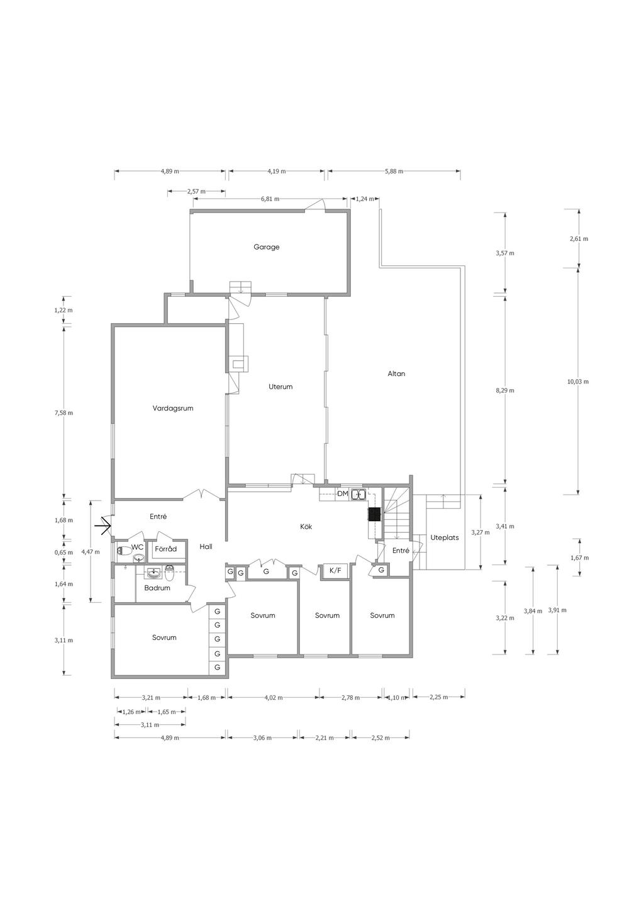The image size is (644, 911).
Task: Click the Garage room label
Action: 267,247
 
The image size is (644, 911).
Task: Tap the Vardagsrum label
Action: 173,408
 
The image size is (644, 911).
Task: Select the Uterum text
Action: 280,387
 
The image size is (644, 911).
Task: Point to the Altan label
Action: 396,373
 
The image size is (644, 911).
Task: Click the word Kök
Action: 306,527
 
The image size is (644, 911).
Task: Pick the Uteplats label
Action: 445,538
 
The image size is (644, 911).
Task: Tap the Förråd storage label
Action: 165,549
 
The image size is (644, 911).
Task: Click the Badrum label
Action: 157,588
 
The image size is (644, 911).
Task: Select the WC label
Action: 138,547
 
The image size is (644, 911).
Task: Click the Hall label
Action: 206,547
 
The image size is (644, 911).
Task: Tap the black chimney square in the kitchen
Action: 374,514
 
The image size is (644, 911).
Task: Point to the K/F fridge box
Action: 336,571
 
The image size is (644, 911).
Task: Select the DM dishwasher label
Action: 343,494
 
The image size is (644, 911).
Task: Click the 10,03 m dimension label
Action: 578,382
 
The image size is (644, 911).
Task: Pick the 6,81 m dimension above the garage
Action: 270,199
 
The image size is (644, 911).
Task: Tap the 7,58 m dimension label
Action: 64,413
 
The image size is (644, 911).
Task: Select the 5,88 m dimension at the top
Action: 394,171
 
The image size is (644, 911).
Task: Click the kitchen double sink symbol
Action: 358,495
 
